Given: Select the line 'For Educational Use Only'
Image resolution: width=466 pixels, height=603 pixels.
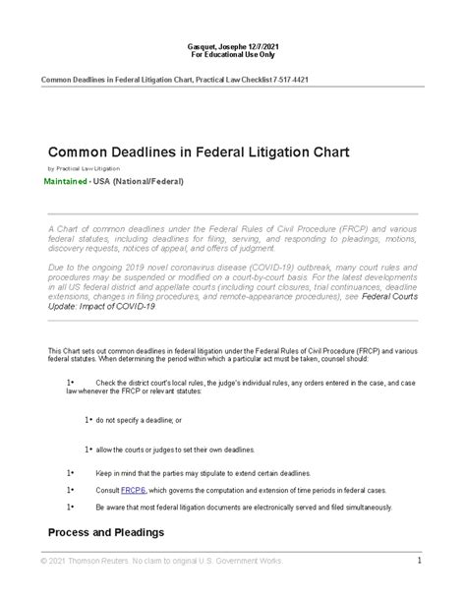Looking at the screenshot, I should [x=233, y=57].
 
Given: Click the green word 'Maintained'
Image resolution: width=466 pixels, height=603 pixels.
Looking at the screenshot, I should [x=71, y=183].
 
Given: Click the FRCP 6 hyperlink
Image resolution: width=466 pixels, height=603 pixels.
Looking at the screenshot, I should [x=133, y=489].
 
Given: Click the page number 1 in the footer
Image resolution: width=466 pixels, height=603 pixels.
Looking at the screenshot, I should [x=418, y=561].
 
